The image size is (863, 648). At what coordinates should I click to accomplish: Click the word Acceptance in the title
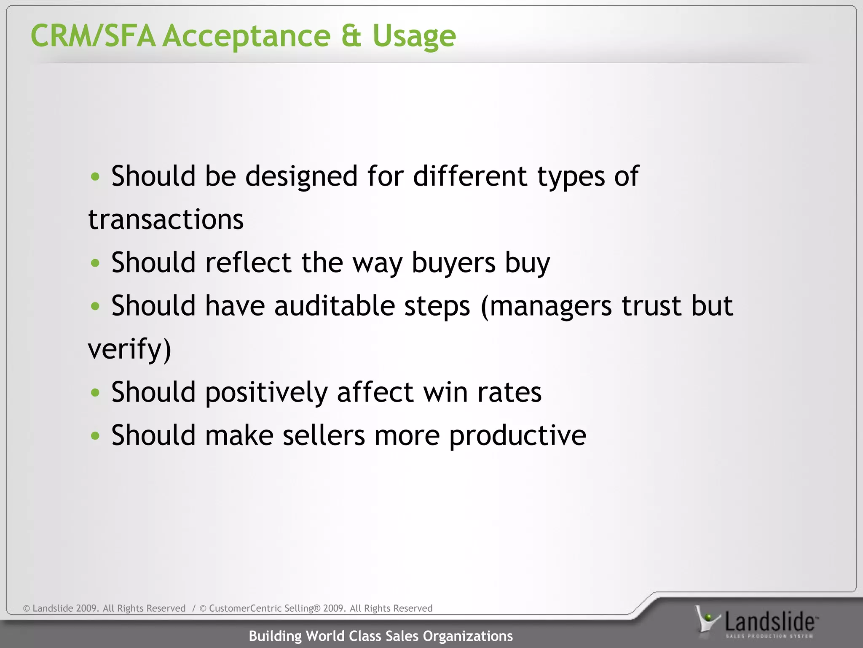(x=247, y=36)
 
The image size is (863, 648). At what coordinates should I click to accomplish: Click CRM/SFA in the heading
(x=93, y=36)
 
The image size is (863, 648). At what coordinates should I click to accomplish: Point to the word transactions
(x=166, y=220)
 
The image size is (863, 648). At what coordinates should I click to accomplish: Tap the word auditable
(x=334, y=306)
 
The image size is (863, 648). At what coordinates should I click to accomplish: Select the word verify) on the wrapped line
(x=129, y=350)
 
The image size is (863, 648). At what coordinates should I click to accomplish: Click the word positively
(x=266, y=393)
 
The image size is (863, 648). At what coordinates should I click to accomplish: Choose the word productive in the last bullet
(x=517, y=436)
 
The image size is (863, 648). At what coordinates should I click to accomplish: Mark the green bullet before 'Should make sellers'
(x=95, y=436)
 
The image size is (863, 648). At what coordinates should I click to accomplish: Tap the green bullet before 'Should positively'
(x=95, y=393)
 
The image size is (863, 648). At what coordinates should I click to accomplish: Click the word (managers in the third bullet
(x=546, y=306)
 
